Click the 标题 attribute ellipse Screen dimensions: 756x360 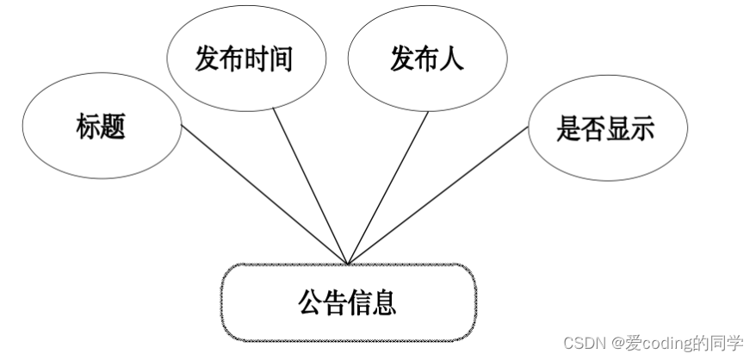tap(101, 127)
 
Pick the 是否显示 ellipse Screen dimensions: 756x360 tap(605, 128)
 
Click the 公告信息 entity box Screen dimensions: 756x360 tap(348, 302)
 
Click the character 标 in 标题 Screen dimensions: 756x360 tap(88, 127)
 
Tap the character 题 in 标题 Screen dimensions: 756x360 tap(113, 127)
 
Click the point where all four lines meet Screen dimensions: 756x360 tap(348, 264)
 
